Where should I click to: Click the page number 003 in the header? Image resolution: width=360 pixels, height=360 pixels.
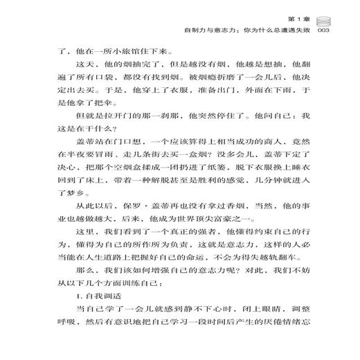coord(327,31)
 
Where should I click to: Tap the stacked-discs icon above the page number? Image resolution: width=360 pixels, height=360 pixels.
coord(327,20)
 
